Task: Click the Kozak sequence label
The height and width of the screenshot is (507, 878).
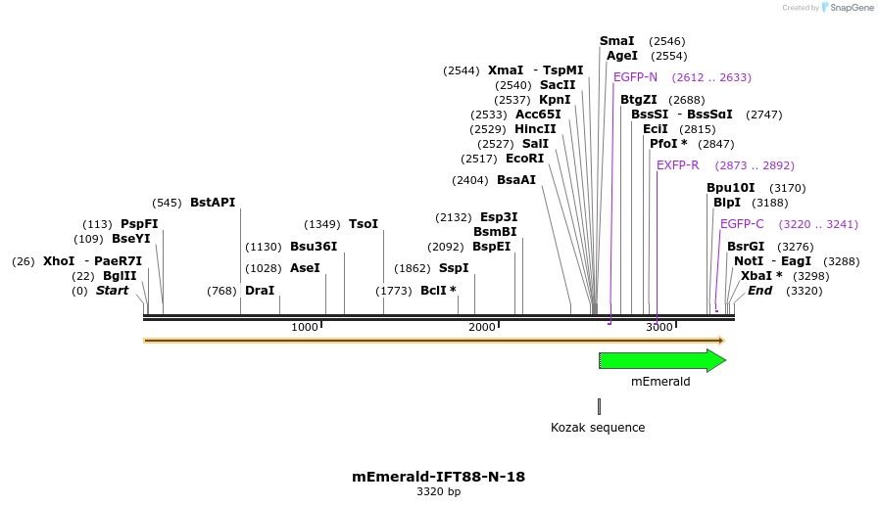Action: (598, 428)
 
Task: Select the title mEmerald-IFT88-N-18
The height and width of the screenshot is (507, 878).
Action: (438, 477)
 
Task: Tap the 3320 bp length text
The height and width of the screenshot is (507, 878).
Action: (438, 492)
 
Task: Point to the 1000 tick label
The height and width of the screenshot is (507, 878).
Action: (305, 327)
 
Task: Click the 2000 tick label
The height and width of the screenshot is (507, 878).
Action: (482, 327)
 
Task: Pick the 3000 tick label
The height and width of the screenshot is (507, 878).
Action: (658, 327)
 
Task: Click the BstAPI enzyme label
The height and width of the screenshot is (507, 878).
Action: (213, 203)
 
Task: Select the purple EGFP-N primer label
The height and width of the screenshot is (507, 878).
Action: (635, 77)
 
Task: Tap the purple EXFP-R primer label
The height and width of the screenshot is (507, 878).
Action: (678, 165)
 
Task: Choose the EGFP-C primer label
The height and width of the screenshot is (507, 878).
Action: (742, 224)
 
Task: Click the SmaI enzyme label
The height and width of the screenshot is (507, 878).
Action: (617, 41)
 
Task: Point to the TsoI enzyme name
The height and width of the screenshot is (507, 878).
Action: (364, 224)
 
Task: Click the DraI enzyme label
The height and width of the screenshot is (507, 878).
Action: (260, 291)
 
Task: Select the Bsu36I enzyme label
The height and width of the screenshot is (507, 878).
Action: (314, 247)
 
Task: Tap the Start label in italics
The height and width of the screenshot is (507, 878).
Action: (112, 291)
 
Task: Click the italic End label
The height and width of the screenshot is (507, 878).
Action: (760, 291)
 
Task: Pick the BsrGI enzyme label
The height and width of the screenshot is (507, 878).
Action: (746, 247)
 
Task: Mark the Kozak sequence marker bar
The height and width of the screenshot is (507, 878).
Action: (599, 406)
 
